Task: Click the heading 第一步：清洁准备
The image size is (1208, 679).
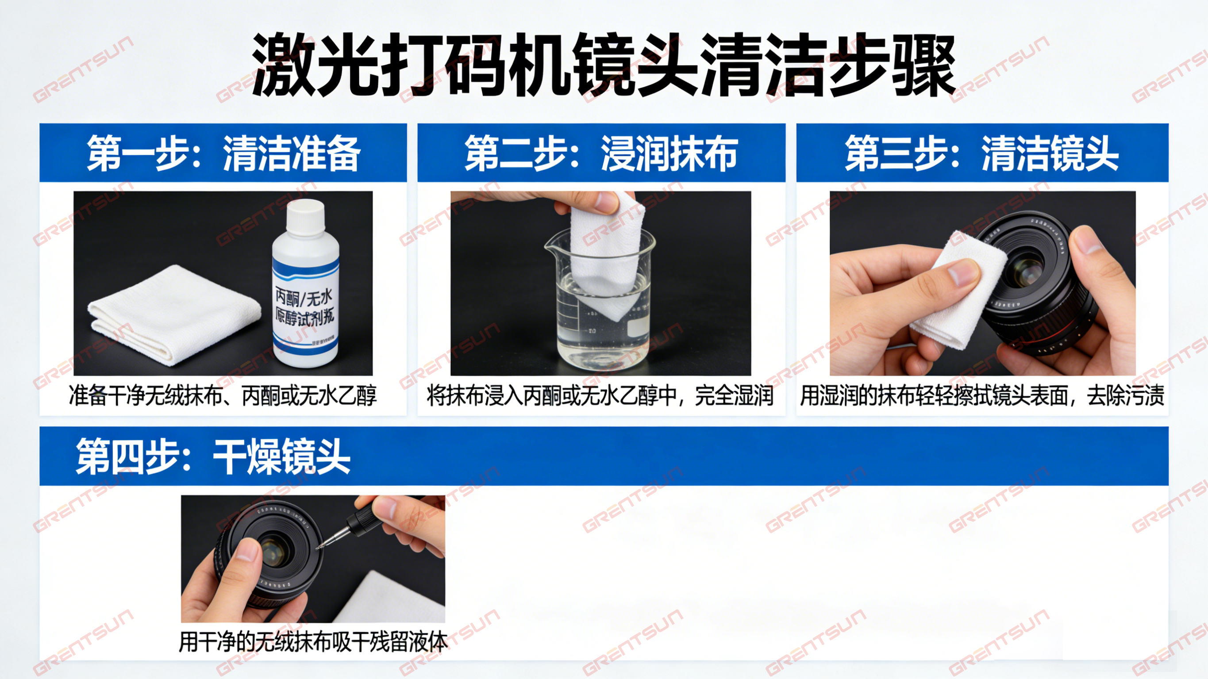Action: pyautogui.click(x=223, y=153)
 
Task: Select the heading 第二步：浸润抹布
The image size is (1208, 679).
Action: pyautogui.click(x=601, y=153)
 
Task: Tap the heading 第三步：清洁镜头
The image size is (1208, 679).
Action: pyautogui.click(x=982, y=153)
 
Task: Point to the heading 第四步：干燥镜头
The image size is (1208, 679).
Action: pyautogui.click(x=213, y=456)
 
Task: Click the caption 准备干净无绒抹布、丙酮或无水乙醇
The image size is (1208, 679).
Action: pyautogui.click(x=223, y=395)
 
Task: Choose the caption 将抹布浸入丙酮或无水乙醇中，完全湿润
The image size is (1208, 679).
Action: pyautogui.click(x=600, y=395)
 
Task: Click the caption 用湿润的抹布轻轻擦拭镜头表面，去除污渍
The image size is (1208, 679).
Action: pyautogui.click(x=982, y=395)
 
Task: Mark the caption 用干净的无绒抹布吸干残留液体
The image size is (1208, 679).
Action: pyautogui.click(x=313, y=641)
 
